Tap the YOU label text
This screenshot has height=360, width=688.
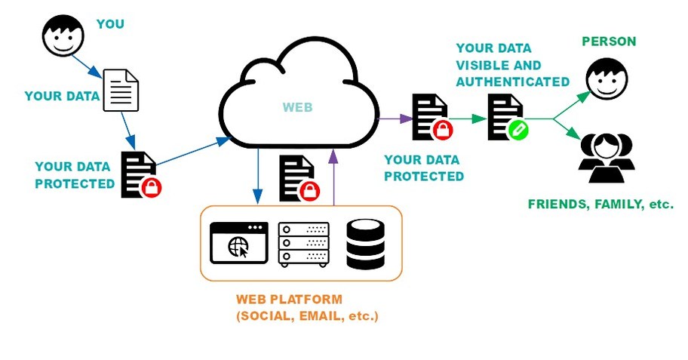click(x=110, y=24)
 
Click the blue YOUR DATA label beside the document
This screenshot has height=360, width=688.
click(x=62, y=96)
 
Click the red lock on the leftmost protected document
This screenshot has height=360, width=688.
click(x=152, y=186)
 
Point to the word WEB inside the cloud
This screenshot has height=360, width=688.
click(x=297, y=107)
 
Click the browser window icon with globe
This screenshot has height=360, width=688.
click(x=239, y=243)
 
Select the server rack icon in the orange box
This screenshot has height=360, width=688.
click(x=303, y=244)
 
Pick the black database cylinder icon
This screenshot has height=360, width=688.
click(x=365, y=244)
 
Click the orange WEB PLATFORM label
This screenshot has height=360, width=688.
click(x=289, y=300)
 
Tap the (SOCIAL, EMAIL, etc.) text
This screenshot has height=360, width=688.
click(x=307, y=316)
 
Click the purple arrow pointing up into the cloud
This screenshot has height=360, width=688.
click(x=333, y=177)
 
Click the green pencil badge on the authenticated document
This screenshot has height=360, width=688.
click(x=519, y=131)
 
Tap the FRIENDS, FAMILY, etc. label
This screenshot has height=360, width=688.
click(x=600, y=204)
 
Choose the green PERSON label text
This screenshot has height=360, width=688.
click(x=609, y=42)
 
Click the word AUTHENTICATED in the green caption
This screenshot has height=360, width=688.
click(x=512, y=82)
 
